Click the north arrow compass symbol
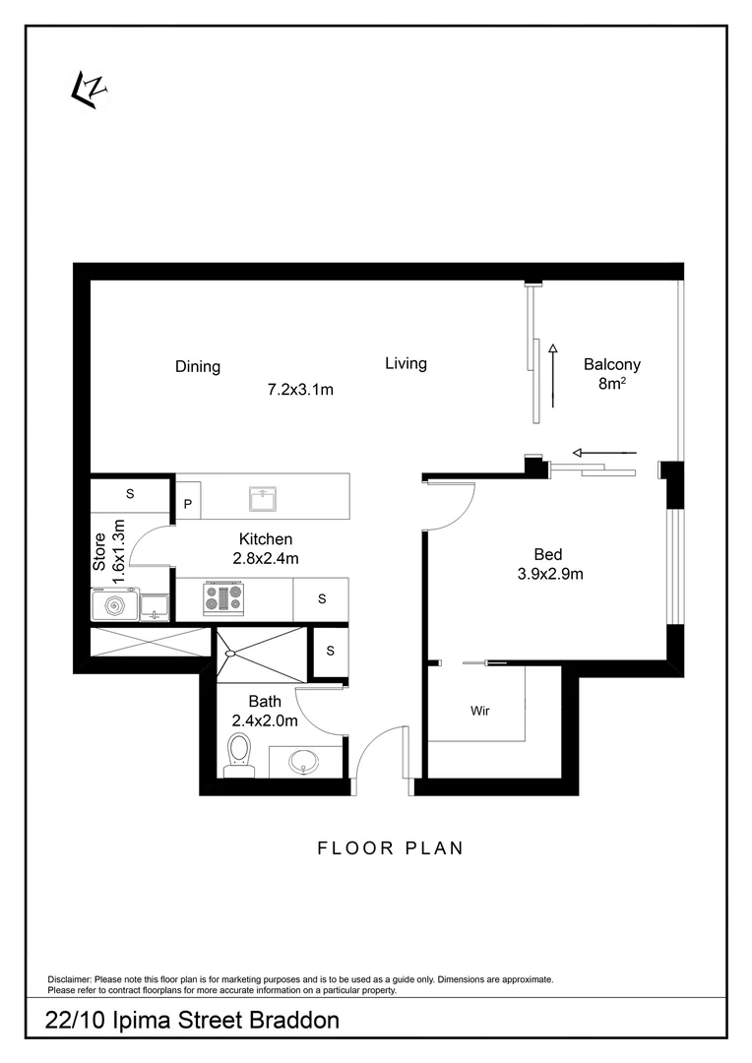click(x=89, y=90)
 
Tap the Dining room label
click(x=198, y=367)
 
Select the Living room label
click(x=406, y=364)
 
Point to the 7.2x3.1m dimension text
click(x=300, y=390)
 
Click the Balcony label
click(x=612, y=363)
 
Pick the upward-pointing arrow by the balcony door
click(x=553, y=375)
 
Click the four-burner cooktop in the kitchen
click(x=222, y=598)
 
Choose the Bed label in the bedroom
click(x=548, y=554)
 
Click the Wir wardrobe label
click(x=480, y=710)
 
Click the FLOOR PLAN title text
click(x=390, y=847)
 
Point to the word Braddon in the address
click(x=286, y=1021)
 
